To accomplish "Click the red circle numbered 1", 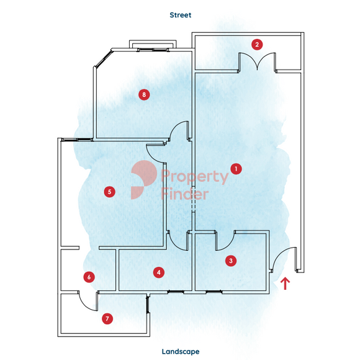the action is point(236,169).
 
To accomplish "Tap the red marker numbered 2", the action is point(257,45).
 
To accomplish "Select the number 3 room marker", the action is point(231,261).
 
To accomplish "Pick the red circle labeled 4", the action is point(159,272).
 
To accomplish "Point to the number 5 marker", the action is point(109,192).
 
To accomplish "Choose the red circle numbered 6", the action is point(89,277).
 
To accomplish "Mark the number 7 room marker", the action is point(107,318).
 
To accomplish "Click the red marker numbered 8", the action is point(144,94).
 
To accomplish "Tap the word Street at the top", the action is point(181,15).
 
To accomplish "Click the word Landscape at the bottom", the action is point(181,351).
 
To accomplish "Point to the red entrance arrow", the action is point(285,284).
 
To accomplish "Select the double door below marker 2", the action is point(257,61).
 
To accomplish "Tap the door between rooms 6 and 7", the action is point(88,301).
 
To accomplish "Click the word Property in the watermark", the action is point(195,176).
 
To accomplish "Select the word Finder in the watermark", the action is point(185,194).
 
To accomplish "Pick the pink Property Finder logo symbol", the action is point(144,179).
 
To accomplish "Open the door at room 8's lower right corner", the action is point(179,131).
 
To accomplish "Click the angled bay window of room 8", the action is point(103,59).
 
